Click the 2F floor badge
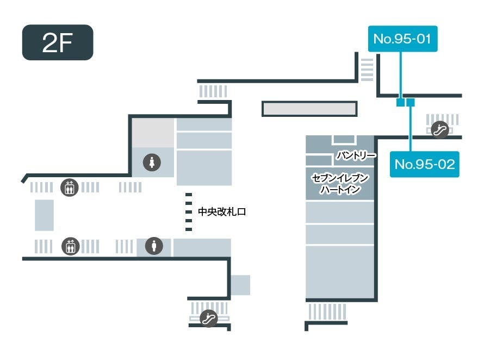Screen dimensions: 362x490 pyautogui.click(x=58, y=42)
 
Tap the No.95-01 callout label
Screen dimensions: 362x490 pyautogui.click(x=402, y=39)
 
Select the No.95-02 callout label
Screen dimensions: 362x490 pyautogui.click(x=424, y=164)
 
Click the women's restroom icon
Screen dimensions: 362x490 pyautogui.click(x=152, y=161)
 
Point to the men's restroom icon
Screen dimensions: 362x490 pyautogui.click(x=154, y=246)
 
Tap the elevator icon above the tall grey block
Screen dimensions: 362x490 pyautogui.click(x=69, y=188)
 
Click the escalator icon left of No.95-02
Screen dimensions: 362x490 pyautogui.click(x=439, y=129)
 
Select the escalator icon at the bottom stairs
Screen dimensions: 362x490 pyautogui.click(x=208, y=319)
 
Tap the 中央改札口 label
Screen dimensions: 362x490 pyautogui.click(x=222, y=212)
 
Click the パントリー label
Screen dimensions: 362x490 pyautogui.click(x=356, y=155)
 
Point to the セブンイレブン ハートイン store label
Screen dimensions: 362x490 pyautogui.click(x=340, y=184)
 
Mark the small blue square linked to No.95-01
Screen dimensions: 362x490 pyautogui.click(x=401, y=102)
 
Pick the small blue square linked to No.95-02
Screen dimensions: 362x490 pyautogui.click(x=411, y=102)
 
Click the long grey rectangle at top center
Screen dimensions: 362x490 pyautogui.click(x=309, y=109)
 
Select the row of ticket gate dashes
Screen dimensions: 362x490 pyautogui.click(x=189, y=212)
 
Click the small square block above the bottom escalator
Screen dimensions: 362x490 pyautogui.click(x=240, y=285)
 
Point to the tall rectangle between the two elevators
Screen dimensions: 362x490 pyautogui.click(x=45, y=215)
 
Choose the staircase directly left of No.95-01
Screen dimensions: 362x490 pyautogui.click(x=367, y=70)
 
